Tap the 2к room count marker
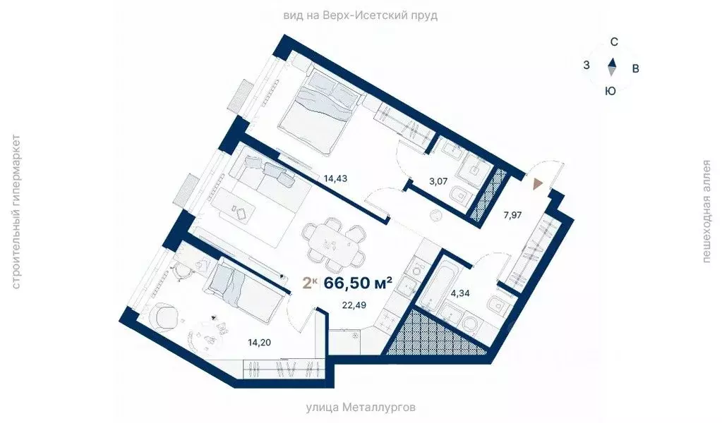pyautogui.click(x=309, y=283)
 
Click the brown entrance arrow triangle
pyautogui.click(x=538, y=184)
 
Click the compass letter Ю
pyautogui.click(x=611, y=90)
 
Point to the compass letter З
pyautogui.click(x=586, y=66)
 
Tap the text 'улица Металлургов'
pyautogui.click(x=360, y=407)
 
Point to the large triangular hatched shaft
pyautogui.click(x=431, y=338)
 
